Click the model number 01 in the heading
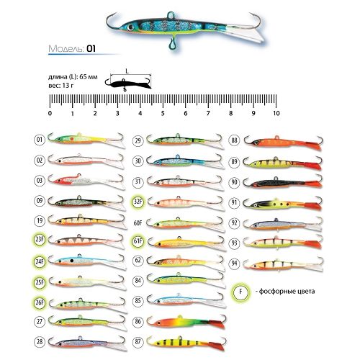pyautogui.click(x=91, y=49)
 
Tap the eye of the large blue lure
pyautogui.click(x=130, y=27)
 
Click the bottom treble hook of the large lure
pyautogui.click(x=171, y=44)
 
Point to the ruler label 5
pyautogui.click(x=163, y=113)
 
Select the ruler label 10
pyautogui.click(x=276, y=113)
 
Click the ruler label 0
pyautogui.click(x=50, y=113)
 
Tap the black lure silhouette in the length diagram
pyautogui.click(x=128, y=84)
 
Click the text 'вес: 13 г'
pyautogui.click(x=61, y=85)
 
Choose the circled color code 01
pyautogui.click(x=40, y=140)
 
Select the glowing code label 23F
pyautogui.click(x=40, y=240)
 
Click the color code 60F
pyautogui.click(x=138, y=223)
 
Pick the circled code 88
pyautogui.click(x=235, y=140)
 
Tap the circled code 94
pyautogui.click(x=235, y=264)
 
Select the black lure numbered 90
pyautogui.click(x=283, y=183)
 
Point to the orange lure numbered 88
pyautogui.click(x=283, y=142)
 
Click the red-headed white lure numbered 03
pyautogui.click(x=86, y=180)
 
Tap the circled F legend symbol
pyautogui.click(x=240, y=292)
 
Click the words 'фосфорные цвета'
pyautogui.click(x=287, y=292)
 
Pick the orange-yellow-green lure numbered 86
pyautogui.click(x=186, y=322)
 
